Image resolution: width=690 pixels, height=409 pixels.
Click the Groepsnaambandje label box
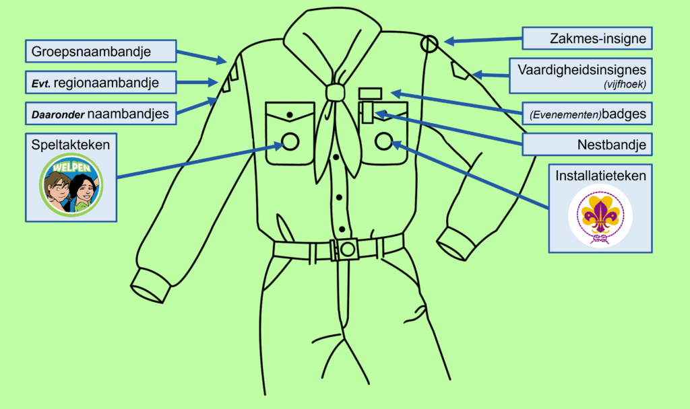click(x=100, y=50)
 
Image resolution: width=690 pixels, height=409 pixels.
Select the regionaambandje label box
click(x=100, y=83)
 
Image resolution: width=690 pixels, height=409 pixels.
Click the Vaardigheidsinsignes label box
click(x=580, y=75)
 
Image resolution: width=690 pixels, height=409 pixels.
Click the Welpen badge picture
click(x=71, y=183)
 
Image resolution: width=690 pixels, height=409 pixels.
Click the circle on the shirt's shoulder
click(x=429, y=44)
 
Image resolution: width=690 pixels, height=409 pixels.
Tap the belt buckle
click(x=346, y=250)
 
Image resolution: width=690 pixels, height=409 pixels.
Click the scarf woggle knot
click(x=334, y=92)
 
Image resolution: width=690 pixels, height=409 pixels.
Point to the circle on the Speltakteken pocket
click(x=290, y=141)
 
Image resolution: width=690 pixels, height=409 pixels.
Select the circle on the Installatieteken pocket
click(x=383, y=141)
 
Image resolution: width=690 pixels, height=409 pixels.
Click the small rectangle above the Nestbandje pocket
click(x=370, y=93)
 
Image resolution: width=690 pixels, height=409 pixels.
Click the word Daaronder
click(x=57, y=114)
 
